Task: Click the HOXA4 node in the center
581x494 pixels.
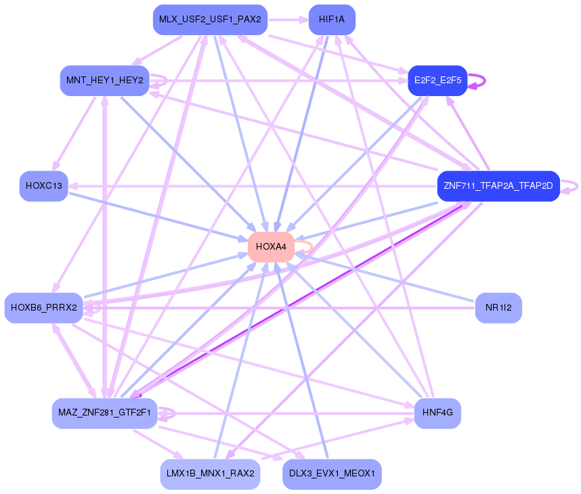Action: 270,247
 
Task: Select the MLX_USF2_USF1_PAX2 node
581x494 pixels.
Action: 210,20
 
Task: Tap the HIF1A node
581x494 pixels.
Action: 332,20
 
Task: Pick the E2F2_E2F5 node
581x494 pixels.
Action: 437,81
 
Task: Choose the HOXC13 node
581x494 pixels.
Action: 43,186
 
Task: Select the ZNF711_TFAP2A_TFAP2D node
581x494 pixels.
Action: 498,186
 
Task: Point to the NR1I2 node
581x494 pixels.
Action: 498,308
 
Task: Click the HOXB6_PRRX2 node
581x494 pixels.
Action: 43,308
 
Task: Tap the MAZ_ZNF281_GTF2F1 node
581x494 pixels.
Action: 104,413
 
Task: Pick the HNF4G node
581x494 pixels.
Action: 437,413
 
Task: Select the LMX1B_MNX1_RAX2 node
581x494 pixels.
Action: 210,474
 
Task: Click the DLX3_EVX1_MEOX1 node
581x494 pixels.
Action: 332,474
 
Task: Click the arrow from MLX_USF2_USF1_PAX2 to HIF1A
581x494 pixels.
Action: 288,20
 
